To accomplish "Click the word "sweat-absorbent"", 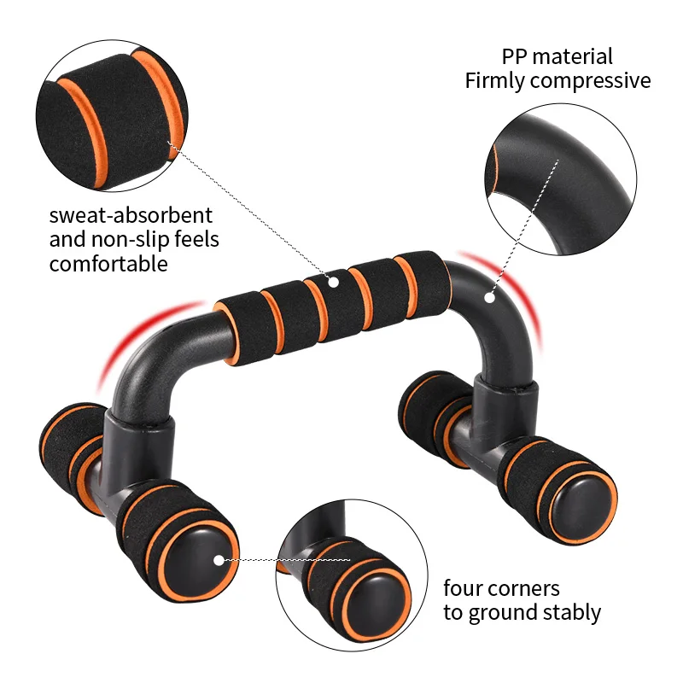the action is coord(131,215).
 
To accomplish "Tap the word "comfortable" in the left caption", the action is coord(108,263).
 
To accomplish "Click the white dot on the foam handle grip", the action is coord(334,280).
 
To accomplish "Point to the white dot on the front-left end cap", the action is coord(219,560).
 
